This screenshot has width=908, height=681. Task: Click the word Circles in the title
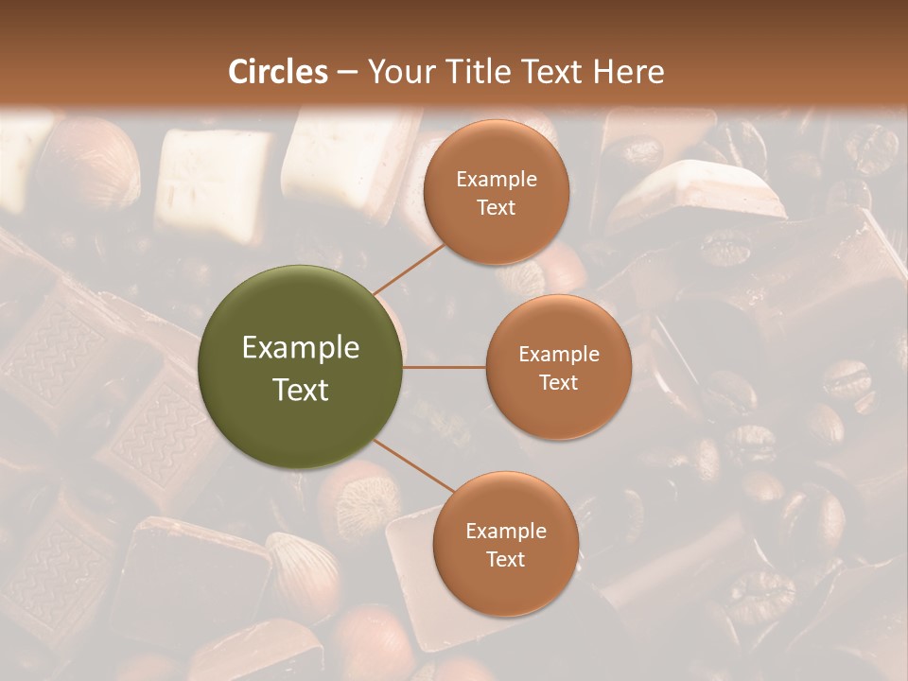(278, 72)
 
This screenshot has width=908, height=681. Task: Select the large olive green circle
(301, 367)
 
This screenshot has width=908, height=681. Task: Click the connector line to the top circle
(409, 267)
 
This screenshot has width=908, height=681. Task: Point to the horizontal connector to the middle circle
(445, 366)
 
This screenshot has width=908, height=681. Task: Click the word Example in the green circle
(301, 348)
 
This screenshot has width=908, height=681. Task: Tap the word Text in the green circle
(301, 390)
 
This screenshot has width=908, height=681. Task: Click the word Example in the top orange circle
(497, 180)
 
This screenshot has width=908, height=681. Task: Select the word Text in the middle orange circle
(558, 383)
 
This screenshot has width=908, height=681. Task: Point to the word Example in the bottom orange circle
(506, 532)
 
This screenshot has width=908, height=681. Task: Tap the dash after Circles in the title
(347, 73)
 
